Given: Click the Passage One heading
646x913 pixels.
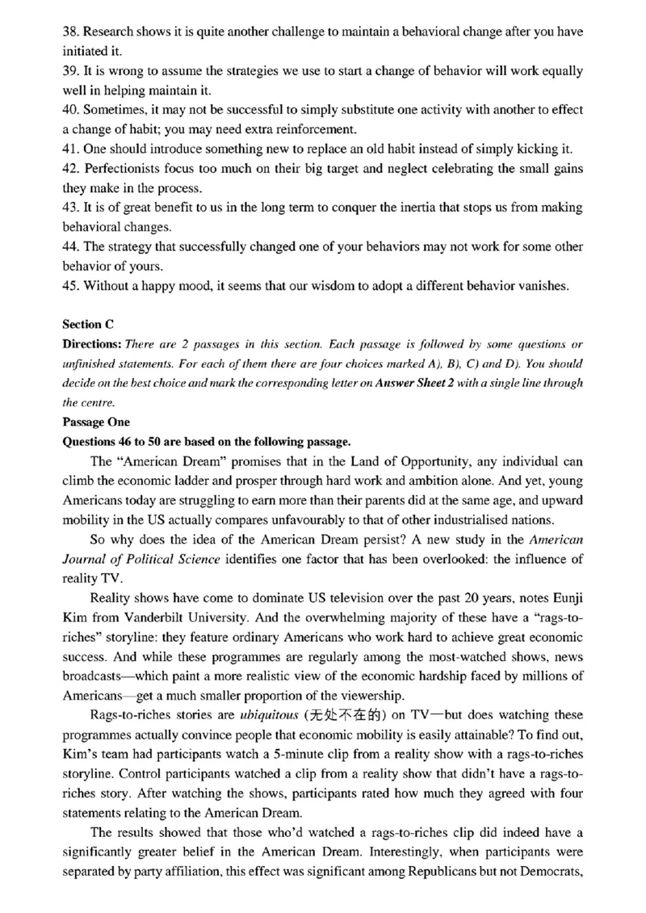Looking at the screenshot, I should coord(94,421).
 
